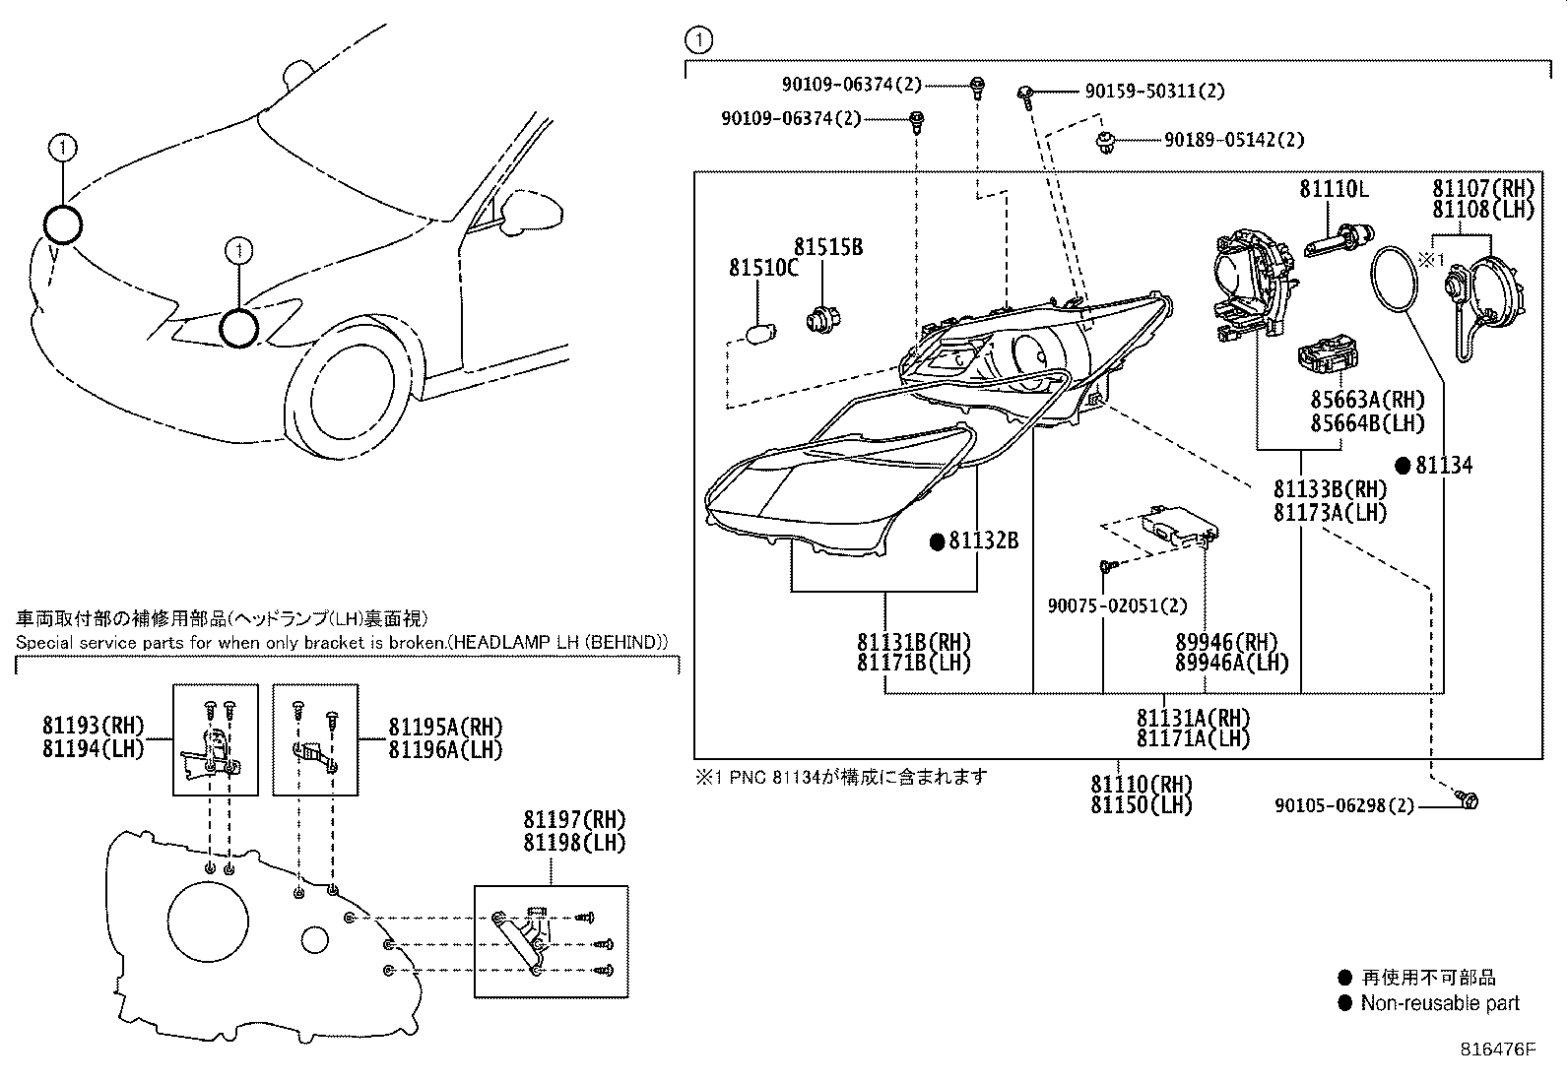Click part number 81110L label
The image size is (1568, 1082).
point(1334,189)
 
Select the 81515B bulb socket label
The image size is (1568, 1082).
point(828,247)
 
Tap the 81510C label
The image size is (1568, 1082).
point(763,267)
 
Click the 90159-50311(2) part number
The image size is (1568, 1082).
point(1153,91)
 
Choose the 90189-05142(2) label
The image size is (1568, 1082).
point(1233,140)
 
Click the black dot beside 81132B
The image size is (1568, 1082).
point(939,541)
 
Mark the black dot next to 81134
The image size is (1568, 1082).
point(1404,465)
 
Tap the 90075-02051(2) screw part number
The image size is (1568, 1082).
point(1117,606)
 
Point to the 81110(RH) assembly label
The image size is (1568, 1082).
point(1141,785)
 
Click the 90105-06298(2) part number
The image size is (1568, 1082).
point(1343,805)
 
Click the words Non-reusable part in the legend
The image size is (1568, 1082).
point(1440,1003)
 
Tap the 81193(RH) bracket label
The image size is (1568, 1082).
point(93,727)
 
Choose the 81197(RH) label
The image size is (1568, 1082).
point(574,820)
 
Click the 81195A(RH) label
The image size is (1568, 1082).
point(445,727)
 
